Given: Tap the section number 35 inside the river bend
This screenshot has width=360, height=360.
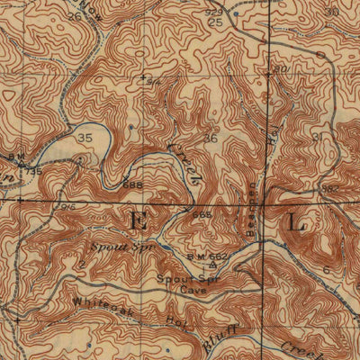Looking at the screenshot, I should tap(85, 138).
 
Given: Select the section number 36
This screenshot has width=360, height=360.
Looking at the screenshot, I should tap(211, 138).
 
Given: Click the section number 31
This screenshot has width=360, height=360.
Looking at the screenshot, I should tap(316, 136).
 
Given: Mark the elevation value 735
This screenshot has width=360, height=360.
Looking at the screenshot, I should tap(33, 170).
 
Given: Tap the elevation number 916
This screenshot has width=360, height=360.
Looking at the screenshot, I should tap(67, 205).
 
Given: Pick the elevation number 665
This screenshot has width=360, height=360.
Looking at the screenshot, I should tap(202, 216).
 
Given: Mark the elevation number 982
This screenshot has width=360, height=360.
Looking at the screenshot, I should tap(330, 187).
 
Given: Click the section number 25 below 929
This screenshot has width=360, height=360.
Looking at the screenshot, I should tap(217, 21).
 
